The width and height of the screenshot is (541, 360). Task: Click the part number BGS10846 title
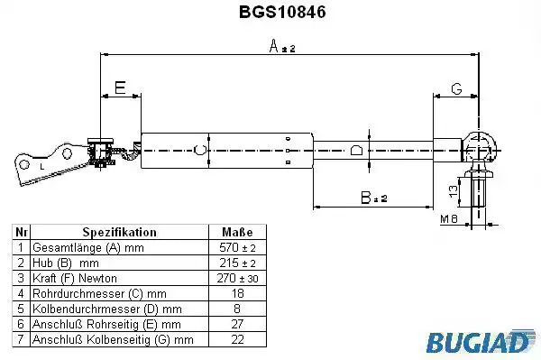point(282,12)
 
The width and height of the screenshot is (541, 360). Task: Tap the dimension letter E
point(120,88)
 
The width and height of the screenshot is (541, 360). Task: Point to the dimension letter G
point(456,89)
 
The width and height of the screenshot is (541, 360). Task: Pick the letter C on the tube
point(200,150)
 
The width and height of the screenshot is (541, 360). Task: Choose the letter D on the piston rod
point(356,151)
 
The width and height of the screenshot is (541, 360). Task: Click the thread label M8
point(449,218)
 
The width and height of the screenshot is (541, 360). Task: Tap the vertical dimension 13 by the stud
point(454,190)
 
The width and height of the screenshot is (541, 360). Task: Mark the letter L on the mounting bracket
point(42,167)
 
